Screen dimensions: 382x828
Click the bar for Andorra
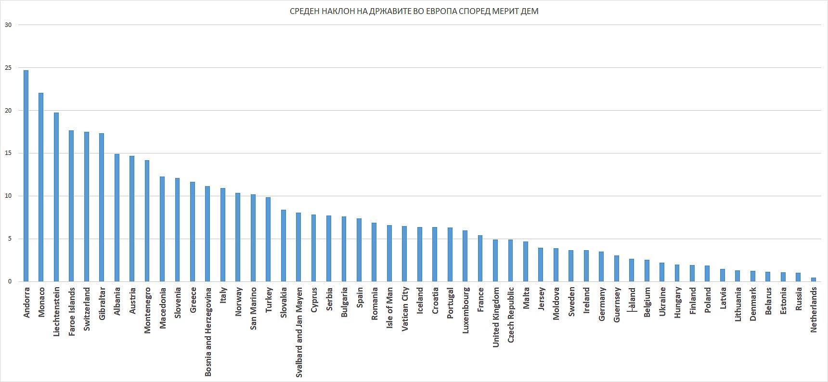click(26, 176)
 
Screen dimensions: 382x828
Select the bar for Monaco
click(41, 187)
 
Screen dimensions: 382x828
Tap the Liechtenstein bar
click(56, 197)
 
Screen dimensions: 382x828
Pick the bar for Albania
click(117, 218)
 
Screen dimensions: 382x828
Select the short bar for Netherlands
click(813, 280)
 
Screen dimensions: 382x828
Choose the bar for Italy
click(223, 235)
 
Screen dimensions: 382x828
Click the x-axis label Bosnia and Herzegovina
click(208, 332)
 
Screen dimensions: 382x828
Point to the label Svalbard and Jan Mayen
click(299, 332)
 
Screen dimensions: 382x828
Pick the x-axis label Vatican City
click(405, 310)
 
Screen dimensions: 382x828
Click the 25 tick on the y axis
click(8, 68)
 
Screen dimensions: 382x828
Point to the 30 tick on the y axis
click(8, 25)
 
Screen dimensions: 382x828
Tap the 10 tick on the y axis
click(8, 196)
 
